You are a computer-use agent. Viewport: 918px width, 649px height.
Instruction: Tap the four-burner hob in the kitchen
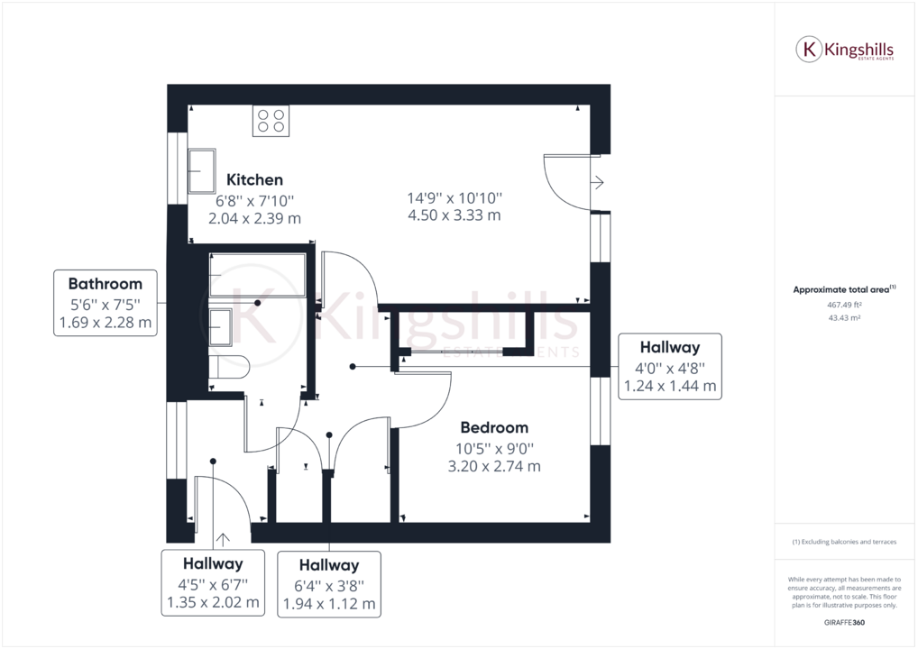click(x=271, y=121)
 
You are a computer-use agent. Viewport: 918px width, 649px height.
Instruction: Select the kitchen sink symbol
click(x=201, y=171)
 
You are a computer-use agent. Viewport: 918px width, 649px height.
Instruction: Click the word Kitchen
click(x=254, y=180)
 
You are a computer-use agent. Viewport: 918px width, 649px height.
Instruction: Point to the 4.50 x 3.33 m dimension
click(x=454, y=215)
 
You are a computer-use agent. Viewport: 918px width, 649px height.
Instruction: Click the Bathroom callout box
click(x=105, y=303)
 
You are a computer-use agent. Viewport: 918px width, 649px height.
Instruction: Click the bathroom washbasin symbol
click(x=221, y=326)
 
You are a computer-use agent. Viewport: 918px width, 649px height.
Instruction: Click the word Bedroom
click(x=494, y=427)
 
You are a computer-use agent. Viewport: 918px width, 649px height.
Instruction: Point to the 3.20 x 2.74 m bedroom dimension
click(x=494, y=466)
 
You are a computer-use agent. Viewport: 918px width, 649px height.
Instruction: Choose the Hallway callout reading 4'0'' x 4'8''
click(x=669, y=366)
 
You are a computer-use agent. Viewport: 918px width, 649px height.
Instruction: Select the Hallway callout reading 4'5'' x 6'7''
click(x=214, y=582)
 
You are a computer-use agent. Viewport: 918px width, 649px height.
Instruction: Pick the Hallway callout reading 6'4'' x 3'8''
click(x=329, y=584)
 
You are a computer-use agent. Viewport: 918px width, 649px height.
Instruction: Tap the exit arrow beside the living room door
click(x=597, y=183)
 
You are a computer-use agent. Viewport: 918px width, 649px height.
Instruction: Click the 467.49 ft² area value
click(x=844, y=305)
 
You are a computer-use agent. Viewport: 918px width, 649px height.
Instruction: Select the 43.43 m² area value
click(x=844, y=317)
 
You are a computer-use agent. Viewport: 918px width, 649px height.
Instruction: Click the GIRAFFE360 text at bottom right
click(x=844, y=623)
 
